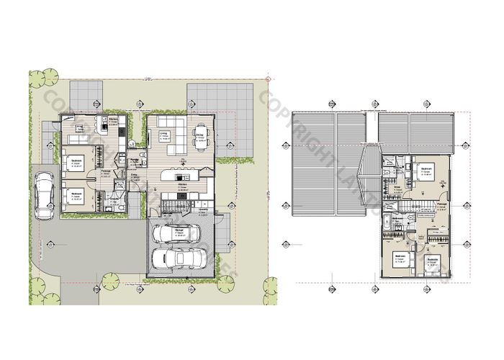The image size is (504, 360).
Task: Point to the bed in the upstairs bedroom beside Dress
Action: (421, 173)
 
